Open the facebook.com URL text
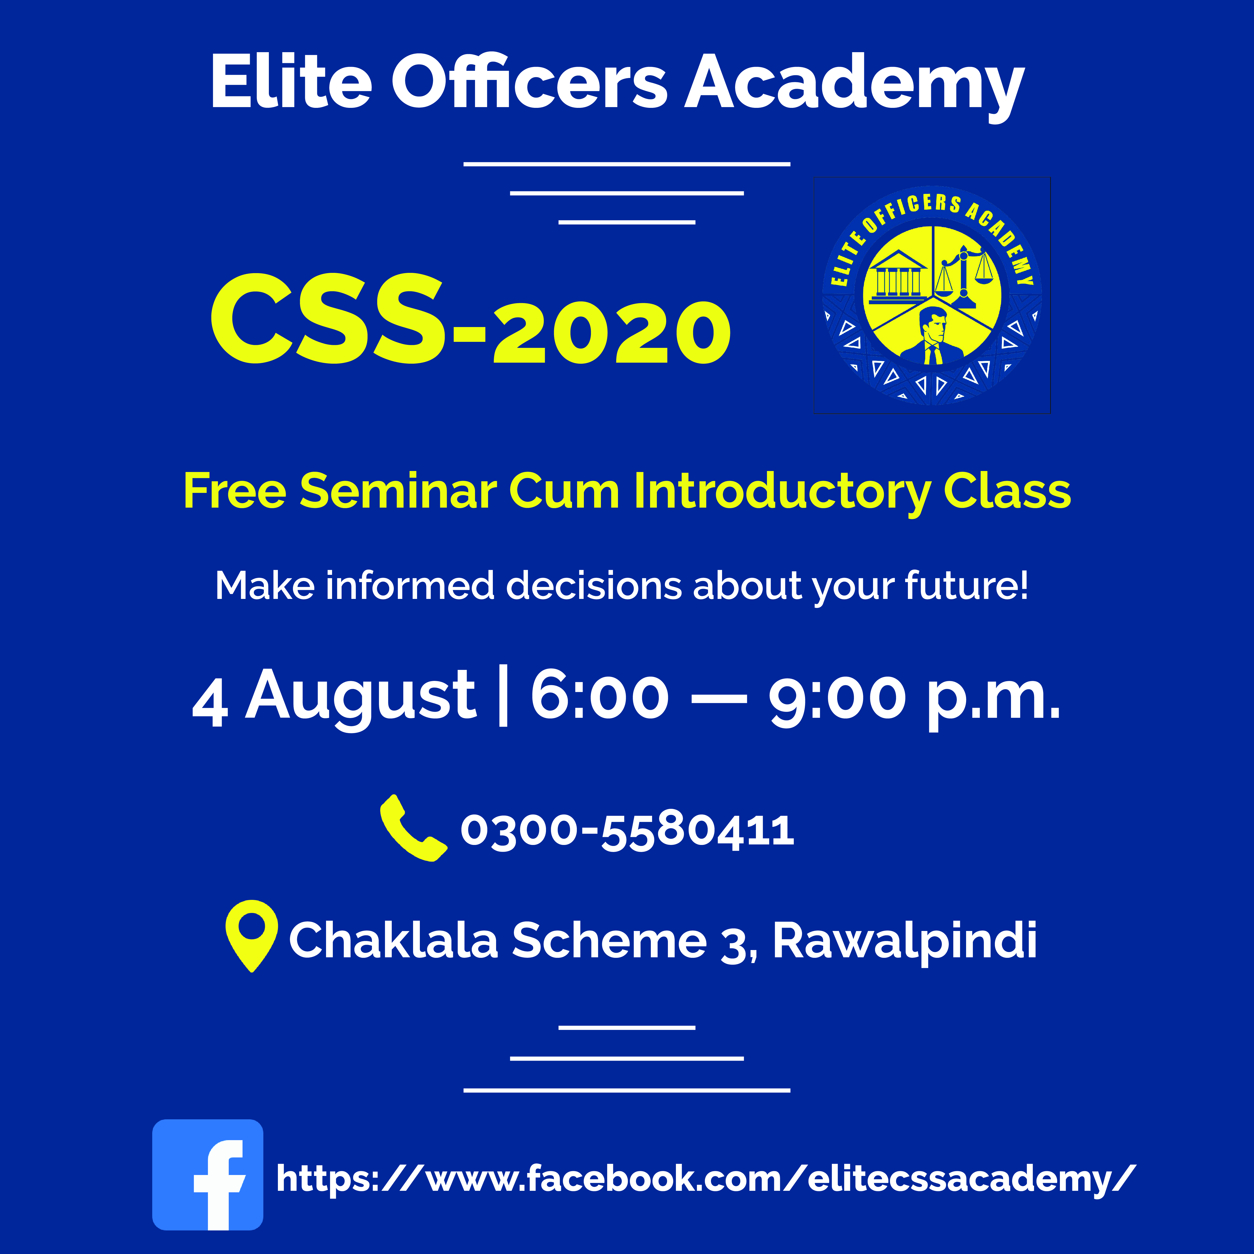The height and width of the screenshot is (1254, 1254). tap(706, 1178)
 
